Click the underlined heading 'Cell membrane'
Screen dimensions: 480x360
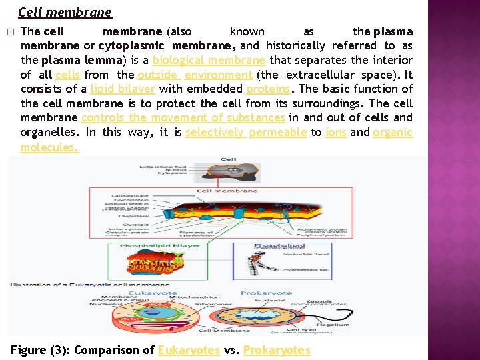point(65,12)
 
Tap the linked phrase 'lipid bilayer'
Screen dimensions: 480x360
point(123,89)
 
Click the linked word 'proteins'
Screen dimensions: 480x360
point(268,89)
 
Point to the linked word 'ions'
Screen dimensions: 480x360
point(336,132)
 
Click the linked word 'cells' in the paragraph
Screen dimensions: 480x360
point(67,75)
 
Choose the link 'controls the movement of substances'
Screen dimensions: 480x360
point(183,117)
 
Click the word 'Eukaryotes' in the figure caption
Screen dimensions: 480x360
point(189,349)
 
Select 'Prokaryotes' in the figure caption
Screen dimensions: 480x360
point(277,349)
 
